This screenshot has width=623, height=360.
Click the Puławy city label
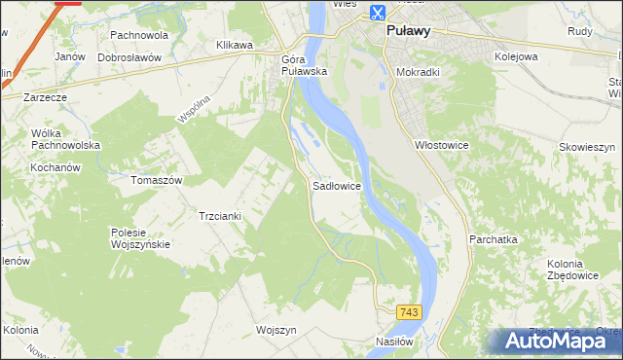(x=408, y=31)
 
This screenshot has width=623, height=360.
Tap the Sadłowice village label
(x=338, y=184)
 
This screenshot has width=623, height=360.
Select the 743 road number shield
(x=409, y=311)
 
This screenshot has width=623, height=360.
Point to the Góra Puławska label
(x=303, y=65)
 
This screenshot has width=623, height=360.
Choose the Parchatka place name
(x=493, y=238)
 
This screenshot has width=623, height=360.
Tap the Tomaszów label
(x=157, y=180)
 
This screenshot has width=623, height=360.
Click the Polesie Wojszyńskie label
(x=141, y=238)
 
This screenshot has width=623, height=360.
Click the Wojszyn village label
(x=275, y=330)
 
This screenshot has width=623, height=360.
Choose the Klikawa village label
(x=235, y=46)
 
